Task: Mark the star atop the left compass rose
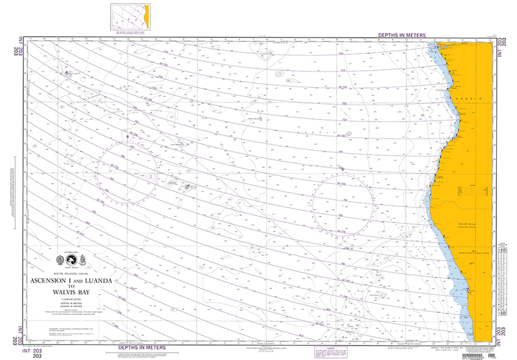(x=127, y=136)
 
